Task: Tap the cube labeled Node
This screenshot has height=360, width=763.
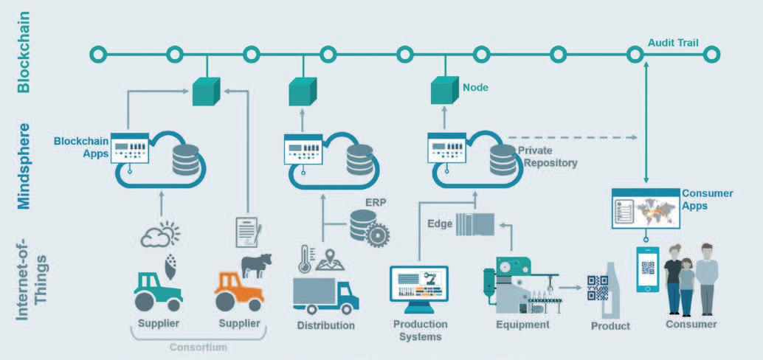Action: [x=446, y=90]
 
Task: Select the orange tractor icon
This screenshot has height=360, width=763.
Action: [x=239, y=290]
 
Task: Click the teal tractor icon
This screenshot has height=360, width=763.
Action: [x=158, y=290]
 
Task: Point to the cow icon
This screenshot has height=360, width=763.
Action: [x=257, y=265]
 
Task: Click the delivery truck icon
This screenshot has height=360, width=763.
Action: [x=325, y=294]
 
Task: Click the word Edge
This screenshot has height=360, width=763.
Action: [x=440, y=224]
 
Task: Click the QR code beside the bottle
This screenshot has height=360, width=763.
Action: [x=597, y=287]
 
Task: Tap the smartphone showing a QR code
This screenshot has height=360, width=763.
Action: [x=648, y=269]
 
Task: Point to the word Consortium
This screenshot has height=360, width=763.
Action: [x=198, y=346]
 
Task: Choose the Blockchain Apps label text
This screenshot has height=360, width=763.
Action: [x=81, y=147]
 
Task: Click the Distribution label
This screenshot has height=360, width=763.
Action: [x=325, y=325]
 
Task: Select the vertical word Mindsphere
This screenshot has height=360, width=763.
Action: [x=24, y=168]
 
